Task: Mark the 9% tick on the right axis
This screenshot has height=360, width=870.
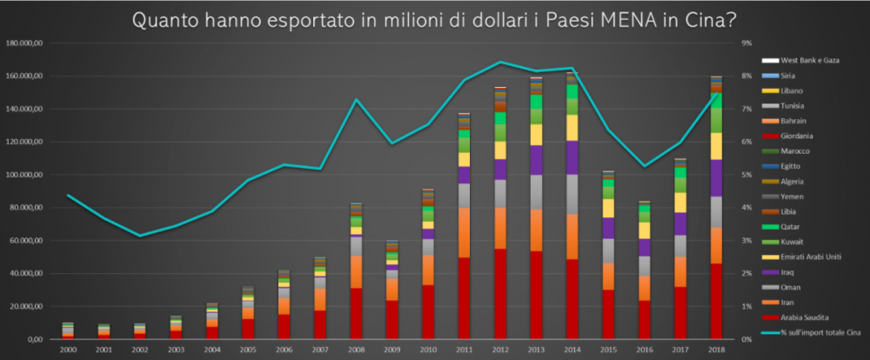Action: (746, 43)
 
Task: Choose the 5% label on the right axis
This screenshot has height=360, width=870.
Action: (746, 175)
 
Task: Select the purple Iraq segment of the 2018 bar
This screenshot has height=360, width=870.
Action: (716, 178)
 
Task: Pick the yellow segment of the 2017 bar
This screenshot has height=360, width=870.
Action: (680, 203)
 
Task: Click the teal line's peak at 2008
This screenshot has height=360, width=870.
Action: (356, 100)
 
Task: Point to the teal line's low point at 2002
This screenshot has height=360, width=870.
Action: (140, 236)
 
